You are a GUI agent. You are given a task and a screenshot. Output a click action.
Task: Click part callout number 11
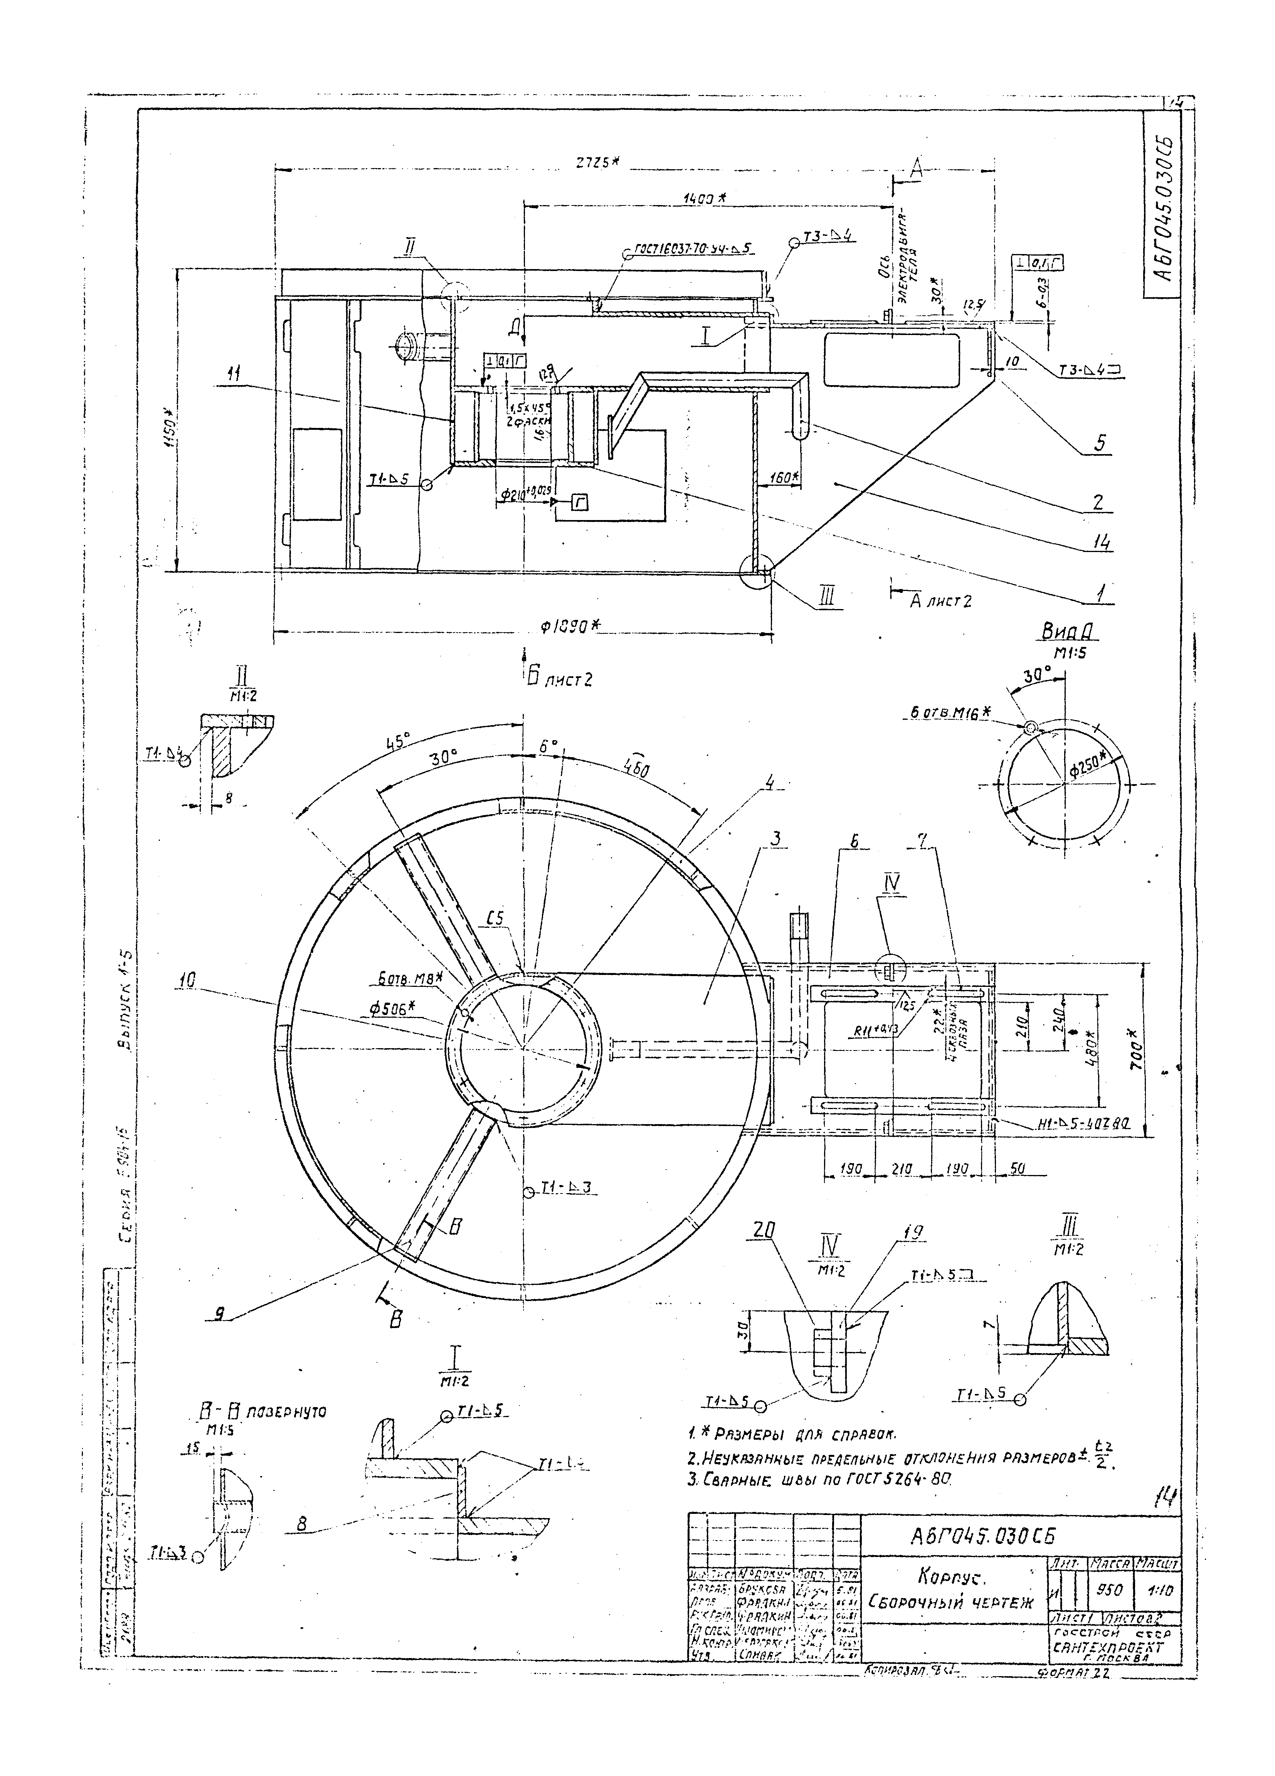[233, 376]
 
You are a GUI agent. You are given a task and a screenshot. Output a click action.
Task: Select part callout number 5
[1100, 444]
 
